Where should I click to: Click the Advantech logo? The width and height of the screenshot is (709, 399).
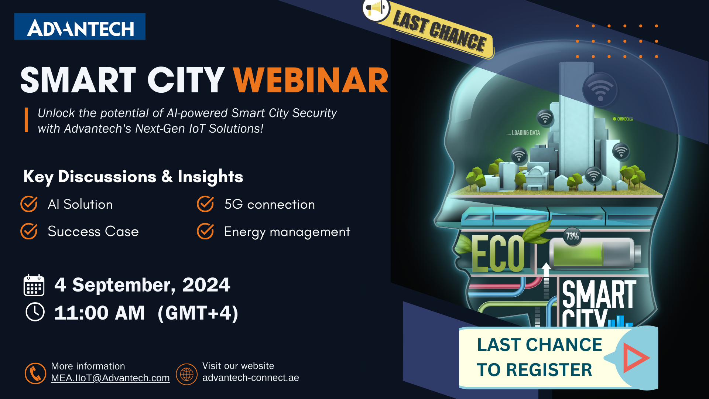[x=80, y=27]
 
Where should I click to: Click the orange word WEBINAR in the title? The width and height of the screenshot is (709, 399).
[x=311, y=80]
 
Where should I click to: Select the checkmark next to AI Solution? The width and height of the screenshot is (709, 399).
[x=29, y=204]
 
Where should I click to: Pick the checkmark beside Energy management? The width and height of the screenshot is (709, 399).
[x=205, y=231]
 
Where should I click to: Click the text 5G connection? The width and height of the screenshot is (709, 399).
[x=270, y=204]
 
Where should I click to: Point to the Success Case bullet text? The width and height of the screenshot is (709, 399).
[x=93, y=231]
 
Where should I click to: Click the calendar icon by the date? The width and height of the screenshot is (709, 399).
[x=34, y=285]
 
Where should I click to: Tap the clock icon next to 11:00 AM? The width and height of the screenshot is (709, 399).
[x=35, y=312]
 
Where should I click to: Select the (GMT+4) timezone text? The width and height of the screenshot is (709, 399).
[x=198, y=313]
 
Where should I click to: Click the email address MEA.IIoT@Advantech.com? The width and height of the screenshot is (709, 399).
[x=110, y=378]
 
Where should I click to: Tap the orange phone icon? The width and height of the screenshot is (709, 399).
[x=35, y=373]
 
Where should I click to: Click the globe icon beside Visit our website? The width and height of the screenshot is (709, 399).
[x=186, y=374]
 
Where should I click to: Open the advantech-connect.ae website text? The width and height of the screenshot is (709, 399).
[x=251, y=378]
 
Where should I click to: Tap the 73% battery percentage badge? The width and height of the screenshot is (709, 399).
[x=572, y=236]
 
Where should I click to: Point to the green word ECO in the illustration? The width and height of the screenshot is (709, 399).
[x=498, y=253]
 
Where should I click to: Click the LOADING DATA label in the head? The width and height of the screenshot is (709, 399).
[x=523, y=133]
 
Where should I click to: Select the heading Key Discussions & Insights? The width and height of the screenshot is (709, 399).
[x=133, y=177]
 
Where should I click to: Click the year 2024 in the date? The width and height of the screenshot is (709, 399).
[x=206, y=285]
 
